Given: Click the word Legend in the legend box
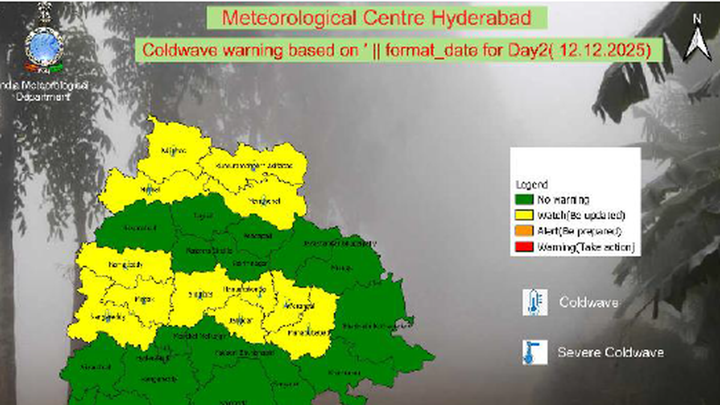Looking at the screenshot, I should tap(531, 185).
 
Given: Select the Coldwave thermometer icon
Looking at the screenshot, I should tap(535, 302).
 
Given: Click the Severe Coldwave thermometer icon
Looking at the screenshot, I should tap(535, 352).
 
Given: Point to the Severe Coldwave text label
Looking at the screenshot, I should tap(610, 352).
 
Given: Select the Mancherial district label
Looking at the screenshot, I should tap(264, 201).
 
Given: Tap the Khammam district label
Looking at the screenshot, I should tap(341, 373).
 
